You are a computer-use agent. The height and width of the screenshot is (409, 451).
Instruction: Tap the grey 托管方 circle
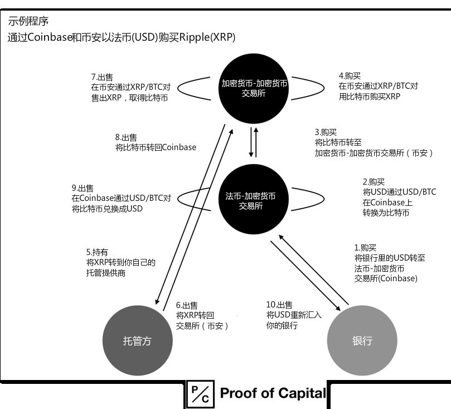pyautogui.click(x=137, y=341)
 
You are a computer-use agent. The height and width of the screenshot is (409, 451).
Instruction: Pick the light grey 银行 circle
pyautogui.click(x=362, y=341)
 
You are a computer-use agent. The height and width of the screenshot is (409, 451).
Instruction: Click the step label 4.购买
pyautogui.click(x=350, y=76)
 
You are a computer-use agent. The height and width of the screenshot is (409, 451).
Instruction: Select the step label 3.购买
pyautogui.click(x=326, y=132)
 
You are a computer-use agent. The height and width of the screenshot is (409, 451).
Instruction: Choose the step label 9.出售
pyautogui.click(x=82, y=188)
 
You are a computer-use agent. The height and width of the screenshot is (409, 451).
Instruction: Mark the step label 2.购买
pyautogui.click(x=374, y=182)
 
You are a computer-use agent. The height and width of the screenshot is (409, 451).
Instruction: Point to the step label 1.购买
pyautogui.click(x=366, y=248)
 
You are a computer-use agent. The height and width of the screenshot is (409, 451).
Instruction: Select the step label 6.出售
pyautogui.click(x=187, y=305)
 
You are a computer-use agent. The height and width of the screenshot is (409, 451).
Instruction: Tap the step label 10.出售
pyautogui.click(x=279, y=305)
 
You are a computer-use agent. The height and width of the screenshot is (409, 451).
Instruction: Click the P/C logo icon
pyautogui.click(x=198, y=393)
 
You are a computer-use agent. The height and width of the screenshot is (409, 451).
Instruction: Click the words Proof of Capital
pyautogui.click(x=273, y=393)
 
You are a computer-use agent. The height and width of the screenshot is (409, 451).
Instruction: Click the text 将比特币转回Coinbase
pyautogui.click(x=156, y=147)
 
